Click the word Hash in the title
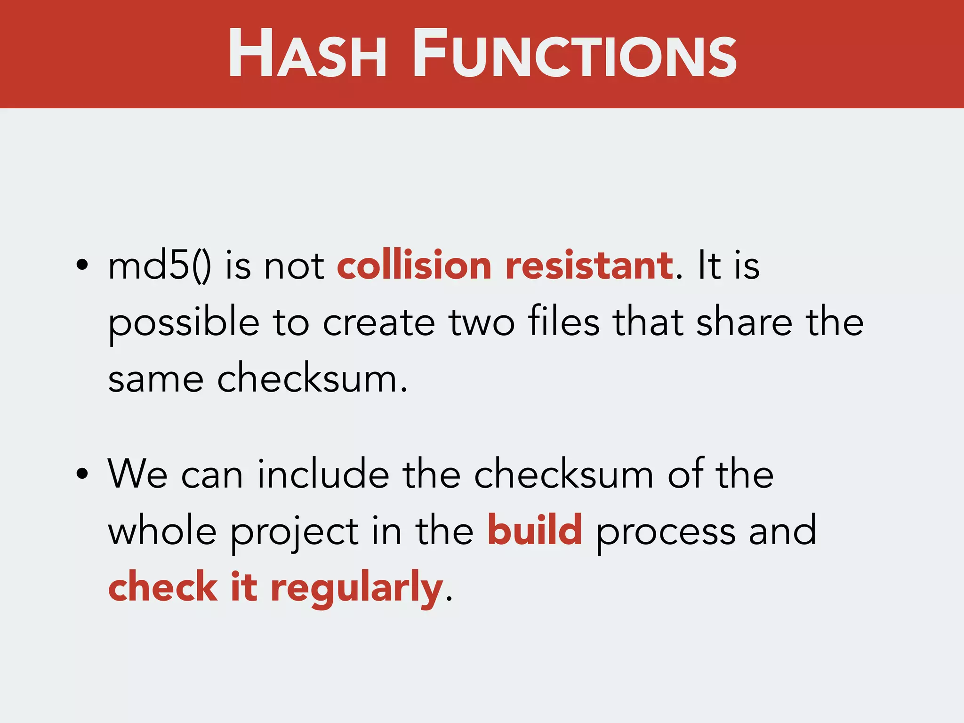tap(307, 53)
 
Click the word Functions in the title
tap(574, 53)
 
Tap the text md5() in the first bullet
tap(160, 266)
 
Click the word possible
tap(184, 324)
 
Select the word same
tap(156, 379)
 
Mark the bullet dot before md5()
tap(82, 265)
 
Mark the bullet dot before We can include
tap(82, 474)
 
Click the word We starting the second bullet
tap(137, 474)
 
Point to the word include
tap(323, 474)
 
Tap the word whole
tap(162, 531)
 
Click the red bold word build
tap(535, 530)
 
